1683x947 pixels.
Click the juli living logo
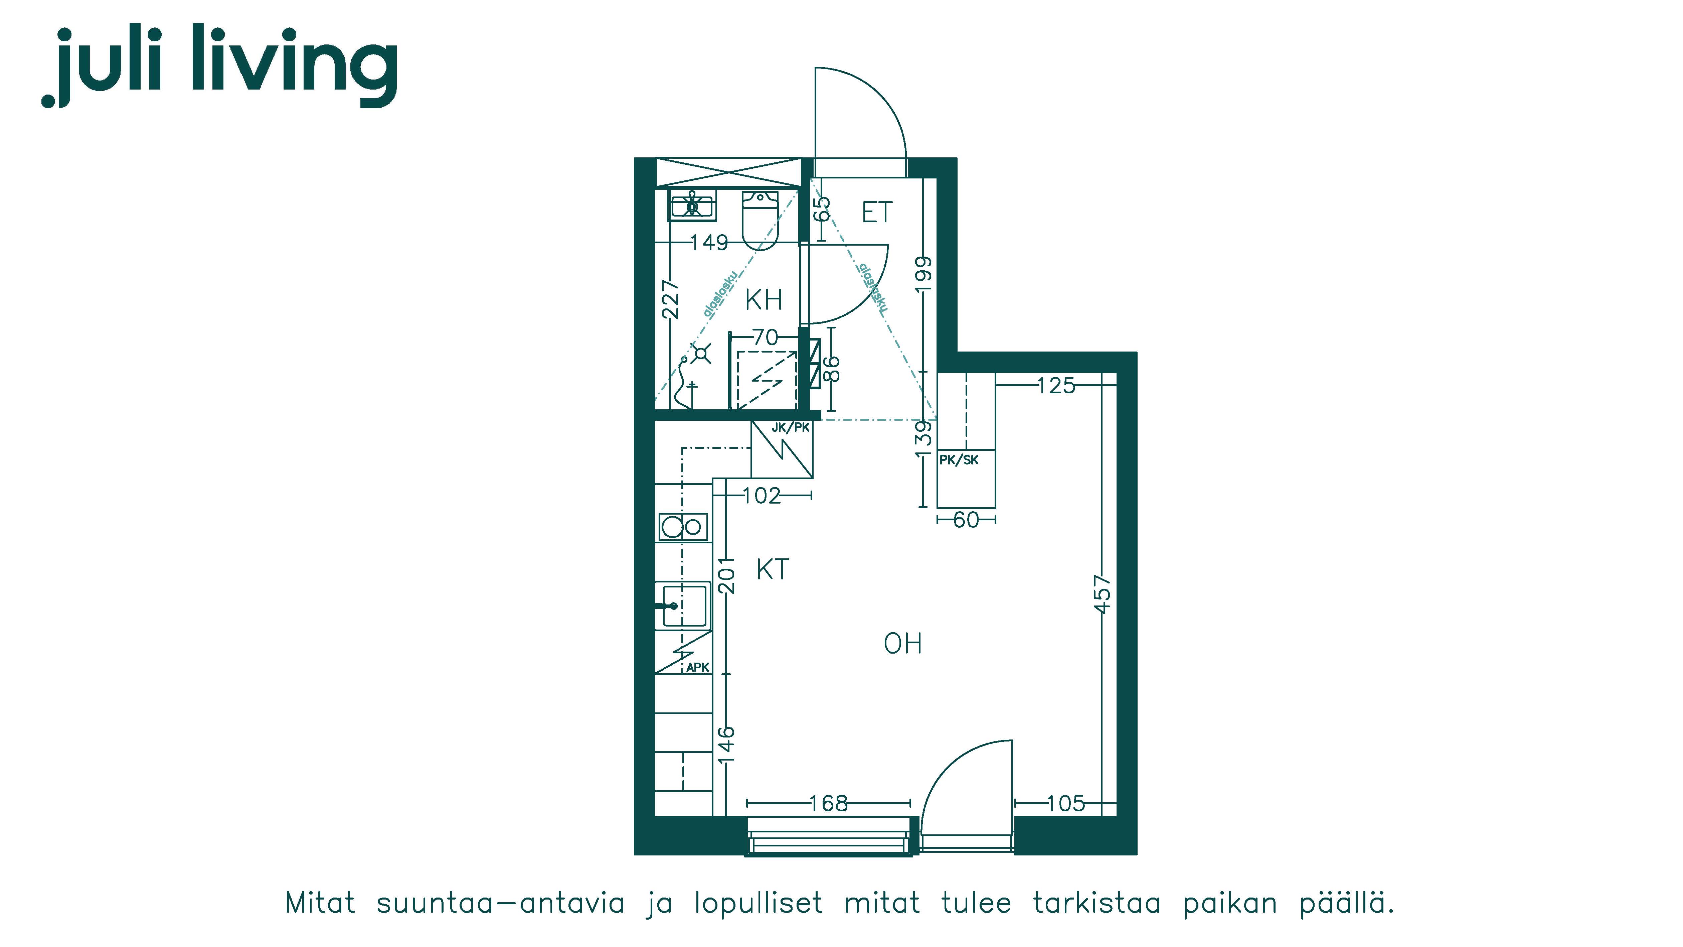tap(219, 66)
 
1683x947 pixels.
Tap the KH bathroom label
tap(764, 300)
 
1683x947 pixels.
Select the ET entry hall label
tap(877, 213)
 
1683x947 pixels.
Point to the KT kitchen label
tap(773, 569)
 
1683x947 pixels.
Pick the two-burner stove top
tap(683, 526)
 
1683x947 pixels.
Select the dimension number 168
tap(828, 803)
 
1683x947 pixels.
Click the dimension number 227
tap(671, 299)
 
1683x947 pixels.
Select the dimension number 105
tap(1065, 803)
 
